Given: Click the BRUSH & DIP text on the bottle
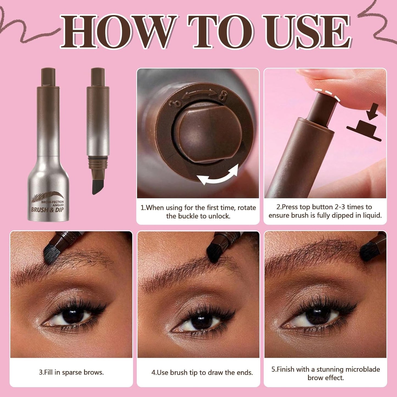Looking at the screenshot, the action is pyautogui.click(x=47, y=210).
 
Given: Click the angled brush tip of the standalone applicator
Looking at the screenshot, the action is pyautogui.click(x=98, y=187).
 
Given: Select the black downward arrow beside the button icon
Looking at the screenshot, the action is pyautogui.click(x=372, y=112).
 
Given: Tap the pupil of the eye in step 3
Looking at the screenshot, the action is pyautogui.click(x=74, y=316).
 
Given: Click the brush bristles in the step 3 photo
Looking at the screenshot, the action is pyautogui.click(x=51, y=254).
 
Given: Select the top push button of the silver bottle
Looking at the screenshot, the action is pyautogui.click(x=48, y=77).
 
